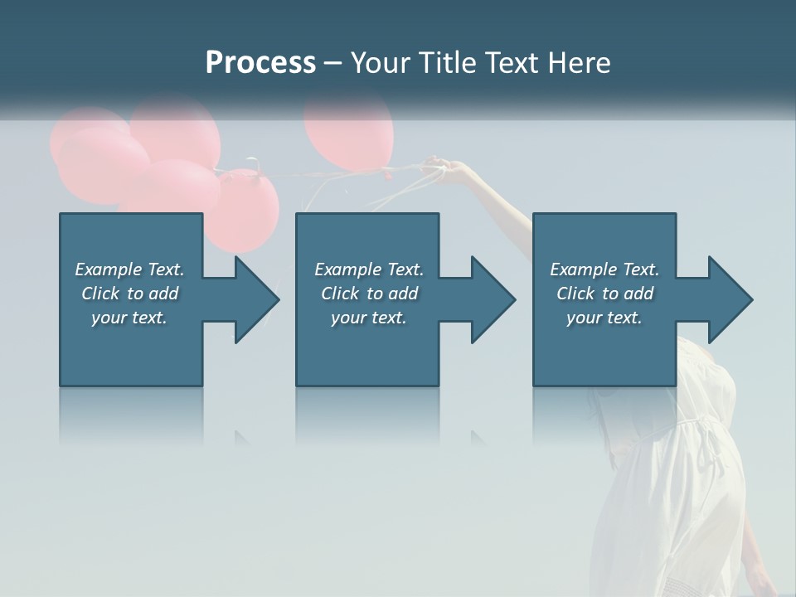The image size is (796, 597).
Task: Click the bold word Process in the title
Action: pyautogui.click(x=260, y=63)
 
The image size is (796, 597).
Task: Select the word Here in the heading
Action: pyautogui.click(x=579, y=63)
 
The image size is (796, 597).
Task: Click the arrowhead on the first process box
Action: pyautogui.click(x=252, y=299)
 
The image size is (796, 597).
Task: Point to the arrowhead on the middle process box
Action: pyautogui.click(x=489, y=299)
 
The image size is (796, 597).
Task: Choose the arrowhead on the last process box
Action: pyautogui.click(x=726, y=299)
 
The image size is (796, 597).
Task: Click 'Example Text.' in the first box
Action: pyautogui.click(x=129, y=269)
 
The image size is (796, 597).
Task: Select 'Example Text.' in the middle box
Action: pyautogui.click(x=369, y=269)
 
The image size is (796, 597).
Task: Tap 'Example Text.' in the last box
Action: pyautogui.click(x=604, y=269)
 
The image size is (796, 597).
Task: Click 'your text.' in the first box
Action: pyautogui.click(x=129, y=318)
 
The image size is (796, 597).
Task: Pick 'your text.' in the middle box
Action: pyautogui.click(x=369, y=318)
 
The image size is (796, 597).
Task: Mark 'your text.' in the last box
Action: pyautogui.click(x=604, y=318)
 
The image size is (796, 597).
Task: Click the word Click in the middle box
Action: pyautogui.click(x=341, y=294)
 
